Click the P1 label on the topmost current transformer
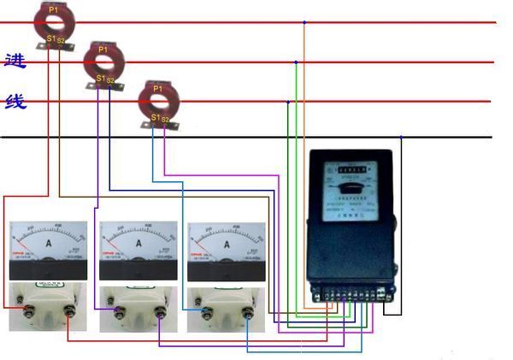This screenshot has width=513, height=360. click(53, 9)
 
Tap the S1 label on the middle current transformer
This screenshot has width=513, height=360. click(100, 79)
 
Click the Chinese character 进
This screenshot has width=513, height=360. click(15, 62)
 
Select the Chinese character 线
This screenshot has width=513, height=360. click(15, 102)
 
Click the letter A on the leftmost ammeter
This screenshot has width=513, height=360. click(48, 244)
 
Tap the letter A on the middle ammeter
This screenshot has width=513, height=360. click(138, 244)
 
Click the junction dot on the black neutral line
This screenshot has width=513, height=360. click(401, 137)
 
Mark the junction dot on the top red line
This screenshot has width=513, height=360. click(304, 22)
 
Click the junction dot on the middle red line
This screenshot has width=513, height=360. click(296, 62)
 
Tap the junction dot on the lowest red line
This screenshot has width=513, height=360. click(287, 102)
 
